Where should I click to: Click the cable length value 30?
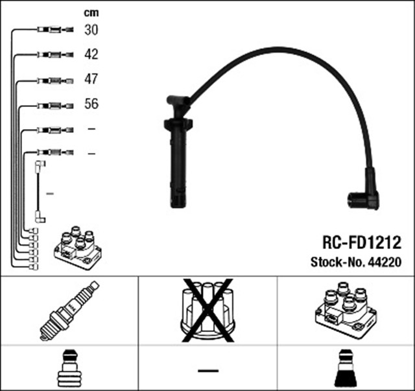(91, 30)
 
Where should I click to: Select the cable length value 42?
(91, 54)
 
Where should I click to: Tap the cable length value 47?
(91, 79)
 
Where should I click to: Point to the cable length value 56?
(91, 104)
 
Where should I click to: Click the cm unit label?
(91, 13)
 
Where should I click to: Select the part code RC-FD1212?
(362, 243)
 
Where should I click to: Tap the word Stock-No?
(338, 262)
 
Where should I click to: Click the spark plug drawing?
(69, 311)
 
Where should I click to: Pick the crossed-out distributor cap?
(207, 310)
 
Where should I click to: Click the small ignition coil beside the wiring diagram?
(78, 248)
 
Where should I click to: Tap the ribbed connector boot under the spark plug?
(69, 368)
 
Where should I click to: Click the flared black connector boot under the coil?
(346, 368)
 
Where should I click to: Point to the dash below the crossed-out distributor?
(208, 371)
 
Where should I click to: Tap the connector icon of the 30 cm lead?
(55, 30)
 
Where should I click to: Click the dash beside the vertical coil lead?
(50, 194)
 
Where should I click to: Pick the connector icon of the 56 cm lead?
(55, 106)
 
